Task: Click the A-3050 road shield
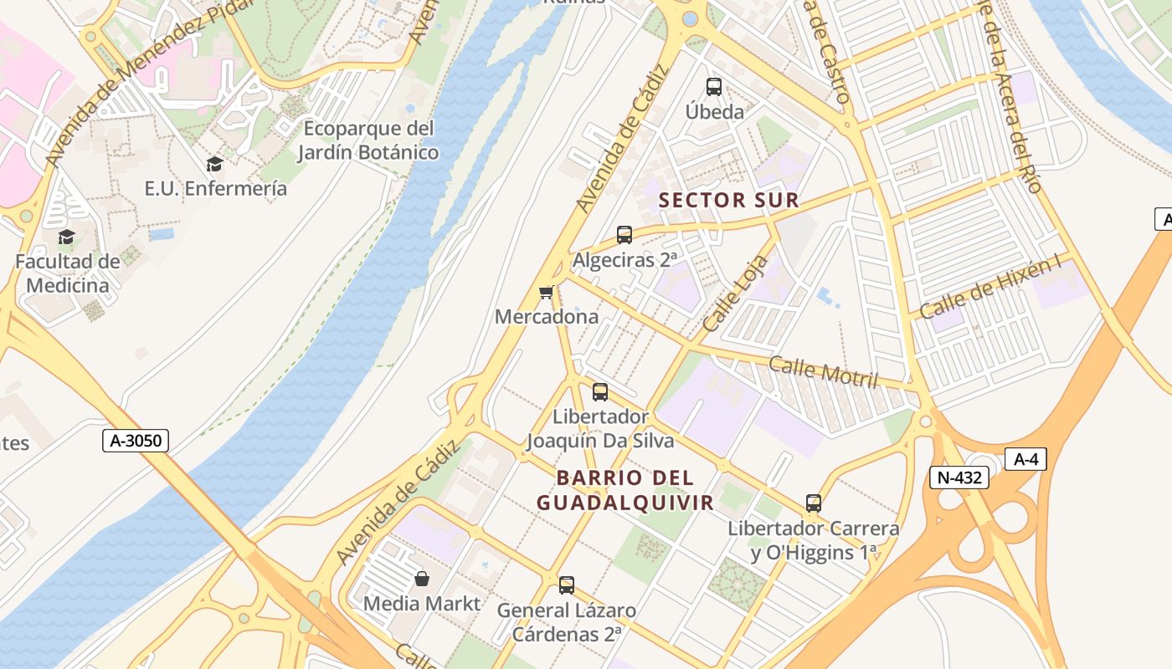pos(136,441)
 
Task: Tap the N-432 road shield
pos(959,477)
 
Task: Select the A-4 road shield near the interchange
pos(1025,458)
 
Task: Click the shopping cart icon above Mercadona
pos(547,292)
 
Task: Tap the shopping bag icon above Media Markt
pos(422,579)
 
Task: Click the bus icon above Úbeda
pos(714,86)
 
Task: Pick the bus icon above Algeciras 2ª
pos(625,235)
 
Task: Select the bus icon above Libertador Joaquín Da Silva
pos(600,391)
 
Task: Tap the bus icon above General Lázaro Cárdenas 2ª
pos(567,585)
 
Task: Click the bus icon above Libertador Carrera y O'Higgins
pos(814,503)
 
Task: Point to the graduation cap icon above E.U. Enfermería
pos(215,164)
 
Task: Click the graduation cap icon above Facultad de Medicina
pos(66,237)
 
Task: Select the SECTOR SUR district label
pos(729,201)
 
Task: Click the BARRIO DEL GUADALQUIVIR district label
pos(625,490)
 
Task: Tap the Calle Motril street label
pos(823,371)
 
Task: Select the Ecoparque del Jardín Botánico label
pos(368,140)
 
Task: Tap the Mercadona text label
pos(547,317)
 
